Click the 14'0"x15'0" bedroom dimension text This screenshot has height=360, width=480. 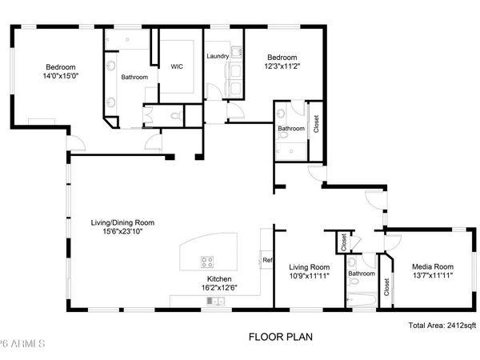click(x=60, y=76)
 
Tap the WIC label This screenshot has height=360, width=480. click(x=177, y=67)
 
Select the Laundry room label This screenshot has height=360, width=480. click(x=218, y=57)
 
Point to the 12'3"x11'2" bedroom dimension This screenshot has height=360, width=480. click(x=282, y=67)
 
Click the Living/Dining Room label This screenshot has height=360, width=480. click(x=122, y=222)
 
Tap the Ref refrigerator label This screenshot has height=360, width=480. click(x=266, y=260)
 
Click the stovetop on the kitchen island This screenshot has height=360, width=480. click(x=207, y=260)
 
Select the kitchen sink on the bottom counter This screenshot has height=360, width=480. click(x=214, y=301)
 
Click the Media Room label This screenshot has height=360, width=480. click(x=432, y=266)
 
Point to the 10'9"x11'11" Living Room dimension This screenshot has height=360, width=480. click(x=309, y=276)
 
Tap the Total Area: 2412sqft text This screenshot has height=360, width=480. click(x=442, y=325)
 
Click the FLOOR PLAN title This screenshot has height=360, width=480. click(x=280, y=337)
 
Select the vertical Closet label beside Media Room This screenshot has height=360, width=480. click(x=387, y=286)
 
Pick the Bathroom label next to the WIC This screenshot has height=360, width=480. click(x=134, y=78)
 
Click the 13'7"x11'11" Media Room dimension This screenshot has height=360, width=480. click(x=432, y=276)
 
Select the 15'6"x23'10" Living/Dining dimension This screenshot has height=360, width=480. click(x=122, y=232)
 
